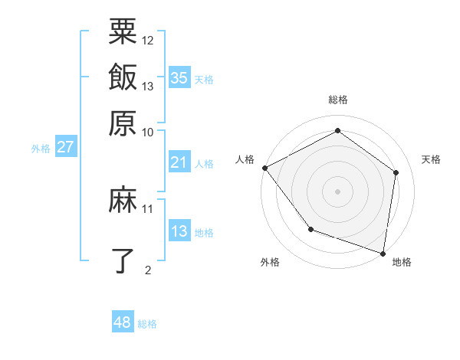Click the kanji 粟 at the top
[123, 33]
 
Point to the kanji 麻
[123, 201]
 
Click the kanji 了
[123, 260]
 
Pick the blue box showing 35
[179, 77]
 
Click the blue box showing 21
[179, 162]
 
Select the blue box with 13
[179, 231]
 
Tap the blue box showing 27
[65, 147]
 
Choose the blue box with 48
[123, 322]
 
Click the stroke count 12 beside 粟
[148, 40]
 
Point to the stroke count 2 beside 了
[148, 269]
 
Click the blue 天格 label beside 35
[204, 80]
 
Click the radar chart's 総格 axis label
[337, 100]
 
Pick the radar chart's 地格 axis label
[402, 262]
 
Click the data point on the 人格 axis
[264, 168]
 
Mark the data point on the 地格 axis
[382, 253]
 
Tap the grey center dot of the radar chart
[337, 191]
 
